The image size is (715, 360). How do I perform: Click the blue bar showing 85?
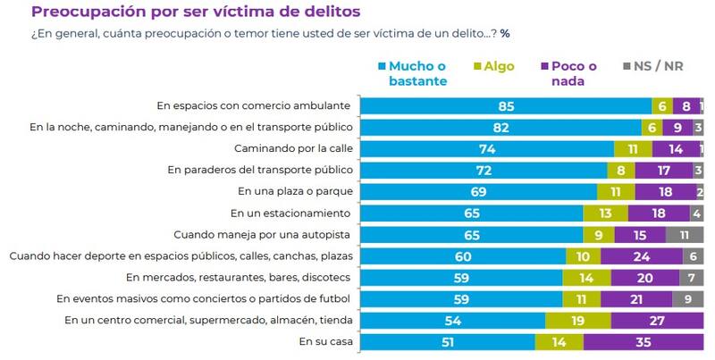[x=506, y=105]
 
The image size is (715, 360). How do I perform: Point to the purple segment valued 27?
[x=657, y=320]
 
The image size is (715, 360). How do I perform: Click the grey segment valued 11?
[x=685, y=234]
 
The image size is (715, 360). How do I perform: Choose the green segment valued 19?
[x=578, y=320]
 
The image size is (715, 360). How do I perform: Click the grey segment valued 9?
[x=687, y=298]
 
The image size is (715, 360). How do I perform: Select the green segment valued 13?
[x=605, y=213]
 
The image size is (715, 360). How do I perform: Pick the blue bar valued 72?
[x=484, y=170]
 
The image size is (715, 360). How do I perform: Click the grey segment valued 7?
[x=690, y=277]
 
